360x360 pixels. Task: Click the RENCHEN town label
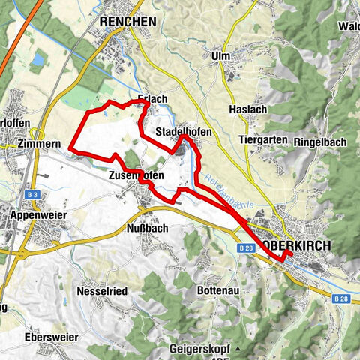click(x=127, y=22)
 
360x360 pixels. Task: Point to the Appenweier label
click(x=39, y=214)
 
